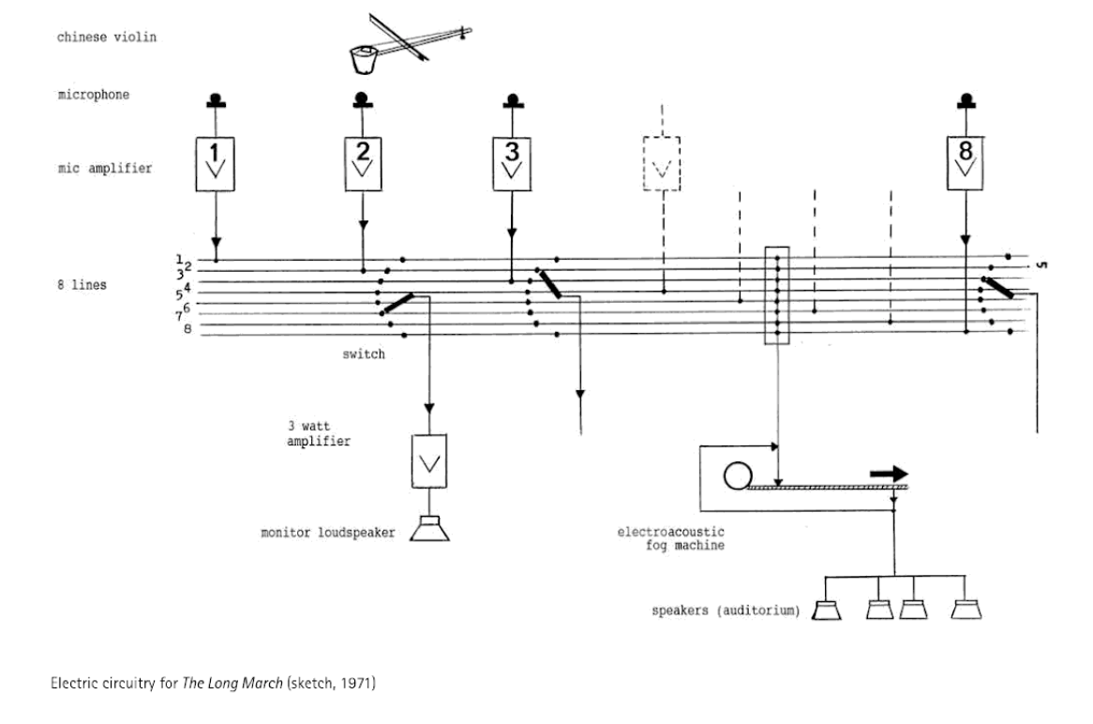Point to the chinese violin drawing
[410, 43]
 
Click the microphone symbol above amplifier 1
[216, 101]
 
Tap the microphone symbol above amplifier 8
[966, 101]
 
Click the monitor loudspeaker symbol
[429, 529]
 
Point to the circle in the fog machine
[738, 475]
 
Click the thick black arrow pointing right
[889, 474]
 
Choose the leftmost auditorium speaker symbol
[827, 611]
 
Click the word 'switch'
[364, 354]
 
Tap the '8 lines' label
[82, 284]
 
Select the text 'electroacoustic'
[670, 532]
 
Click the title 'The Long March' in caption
[232, 683]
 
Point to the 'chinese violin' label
[107, 37]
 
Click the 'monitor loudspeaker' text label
[328, 533]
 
